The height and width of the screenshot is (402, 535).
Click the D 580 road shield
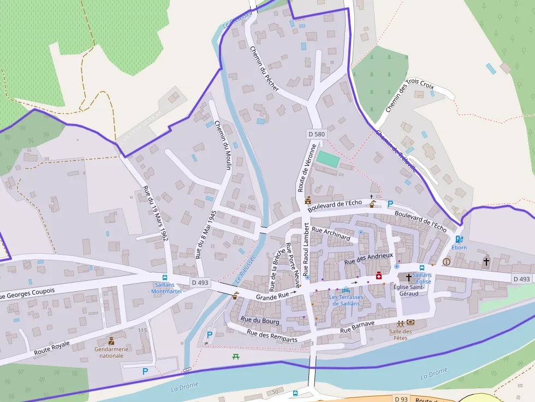(x=317, y=134)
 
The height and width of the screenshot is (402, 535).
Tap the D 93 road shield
(x=401, y=399)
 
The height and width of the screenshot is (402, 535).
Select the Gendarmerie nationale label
(x=111, y=352)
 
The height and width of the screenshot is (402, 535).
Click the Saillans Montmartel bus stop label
(x=165, y=288)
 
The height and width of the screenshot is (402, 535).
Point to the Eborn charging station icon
(x=459, y=239)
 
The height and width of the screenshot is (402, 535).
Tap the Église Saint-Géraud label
(x=409, y=290)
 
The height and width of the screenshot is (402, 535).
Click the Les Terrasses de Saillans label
(x=346, y=300)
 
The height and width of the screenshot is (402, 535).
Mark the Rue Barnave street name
(x=358, y=327)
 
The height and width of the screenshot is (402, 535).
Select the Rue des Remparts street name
(x=272, y=335)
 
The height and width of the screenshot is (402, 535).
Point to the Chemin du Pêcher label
(x=265, y=68)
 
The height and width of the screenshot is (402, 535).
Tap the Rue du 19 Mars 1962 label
(x=155, y=213)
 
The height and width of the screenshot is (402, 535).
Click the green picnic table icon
(x=236, y=356)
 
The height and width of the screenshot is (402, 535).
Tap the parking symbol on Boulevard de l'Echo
(x=390, y=204)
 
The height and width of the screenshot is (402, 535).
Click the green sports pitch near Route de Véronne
(x=328, y=159)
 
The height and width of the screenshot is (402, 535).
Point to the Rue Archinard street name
(x=331, y=233)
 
